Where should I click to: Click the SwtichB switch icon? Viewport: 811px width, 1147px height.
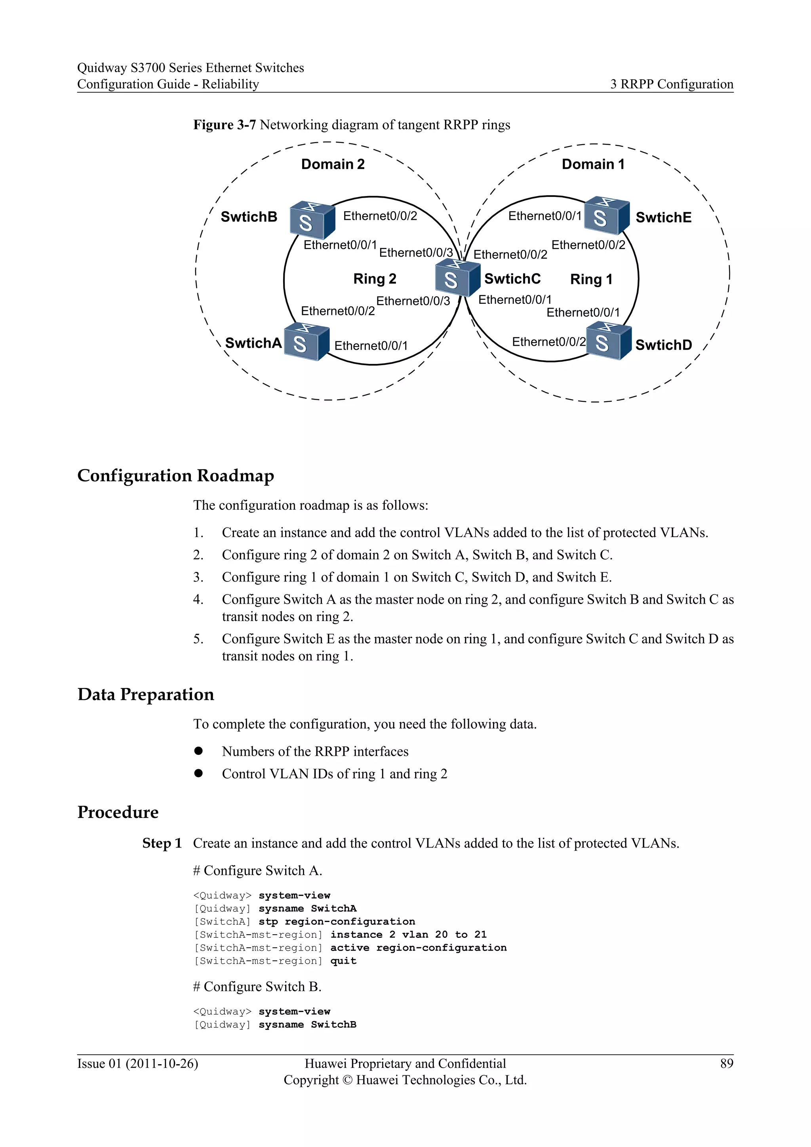coord(312,220)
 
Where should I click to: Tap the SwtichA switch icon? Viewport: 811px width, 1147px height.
coord(306,342)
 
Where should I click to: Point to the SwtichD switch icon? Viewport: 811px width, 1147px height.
coord(608,341)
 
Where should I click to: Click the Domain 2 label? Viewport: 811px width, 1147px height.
coord(333,164)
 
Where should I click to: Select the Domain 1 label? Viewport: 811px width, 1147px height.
coord(593,164)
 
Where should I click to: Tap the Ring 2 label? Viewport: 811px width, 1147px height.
coord(375,279)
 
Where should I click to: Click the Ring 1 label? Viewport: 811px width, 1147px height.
coord(591,279)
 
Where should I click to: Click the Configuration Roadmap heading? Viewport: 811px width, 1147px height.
coord(176,476)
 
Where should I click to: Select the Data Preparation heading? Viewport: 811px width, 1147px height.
coord(146,694)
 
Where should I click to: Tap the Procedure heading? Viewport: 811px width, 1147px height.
coord(118,812)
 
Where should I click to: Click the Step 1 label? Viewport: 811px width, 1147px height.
coord(162,843)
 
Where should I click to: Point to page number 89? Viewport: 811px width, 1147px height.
coord(727,1063)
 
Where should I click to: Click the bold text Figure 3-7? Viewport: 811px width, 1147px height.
coord(224,125)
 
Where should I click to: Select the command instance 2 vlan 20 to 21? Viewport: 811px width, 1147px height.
coord(408,935)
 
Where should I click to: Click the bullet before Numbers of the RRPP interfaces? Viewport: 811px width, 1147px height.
coord(199,751)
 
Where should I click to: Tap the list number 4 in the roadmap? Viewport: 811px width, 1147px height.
coord(198,600)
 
